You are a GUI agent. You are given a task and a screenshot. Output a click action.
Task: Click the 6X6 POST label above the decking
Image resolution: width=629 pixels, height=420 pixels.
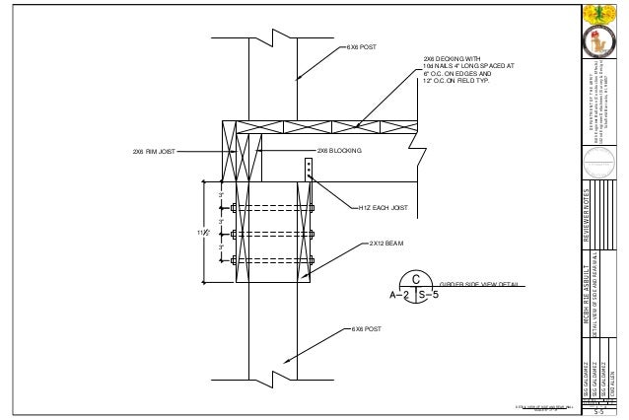pyautogui.click(x=361, y=46)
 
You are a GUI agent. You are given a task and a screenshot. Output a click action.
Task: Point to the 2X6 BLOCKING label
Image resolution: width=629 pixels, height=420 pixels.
pyautogui.click(x=339, y=151)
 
